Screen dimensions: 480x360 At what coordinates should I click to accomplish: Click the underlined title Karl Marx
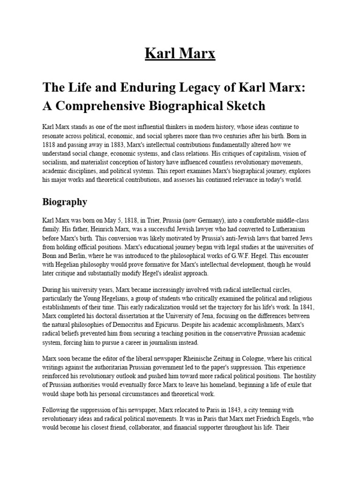pos(180,53)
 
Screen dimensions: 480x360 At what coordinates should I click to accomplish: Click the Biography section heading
pos(65,202)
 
